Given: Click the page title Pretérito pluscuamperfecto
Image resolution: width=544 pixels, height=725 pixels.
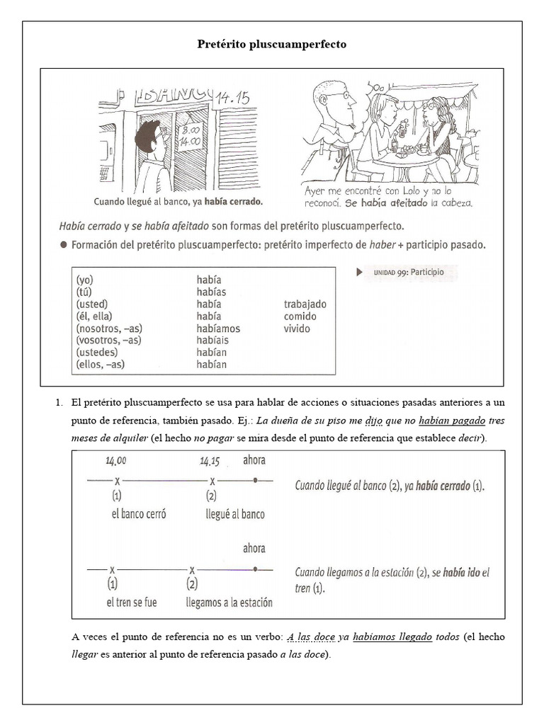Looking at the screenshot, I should (272, 45).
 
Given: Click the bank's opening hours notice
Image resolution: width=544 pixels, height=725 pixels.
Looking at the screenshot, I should (190, 134).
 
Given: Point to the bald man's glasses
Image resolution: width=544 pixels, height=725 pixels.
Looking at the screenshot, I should (339, 95).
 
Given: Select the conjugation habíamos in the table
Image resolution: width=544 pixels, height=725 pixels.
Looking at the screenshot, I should (218, 329).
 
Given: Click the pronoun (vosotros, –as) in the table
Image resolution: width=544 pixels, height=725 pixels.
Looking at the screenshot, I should (108, 341).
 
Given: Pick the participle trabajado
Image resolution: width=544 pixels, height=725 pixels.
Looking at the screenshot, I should (305, 304).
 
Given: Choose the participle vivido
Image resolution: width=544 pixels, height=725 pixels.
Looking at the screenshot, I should (297, 329).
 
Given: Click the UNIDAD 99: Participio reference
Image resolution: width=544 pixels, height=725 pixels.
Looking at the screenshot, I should (404, 272).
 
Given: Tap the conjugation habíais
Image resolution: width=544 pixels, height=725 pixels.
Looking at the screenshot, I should (212, 341).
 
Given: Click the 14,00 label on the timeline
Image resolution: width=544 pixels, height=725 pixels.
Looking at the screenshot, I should (116, 461).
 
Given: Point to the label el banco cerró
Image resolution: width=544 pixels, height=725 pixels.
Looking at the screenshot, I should (139, 515).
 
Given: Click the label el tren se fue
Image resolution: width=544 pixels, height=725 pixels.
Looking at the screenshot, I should (132, 603).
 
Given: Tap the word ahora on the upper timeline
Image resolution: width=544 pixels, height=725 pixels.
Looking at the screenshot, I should (254, 460).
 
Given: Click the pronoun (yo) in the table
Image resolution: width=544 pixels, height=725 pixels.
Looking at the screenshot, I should (84, 280).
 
